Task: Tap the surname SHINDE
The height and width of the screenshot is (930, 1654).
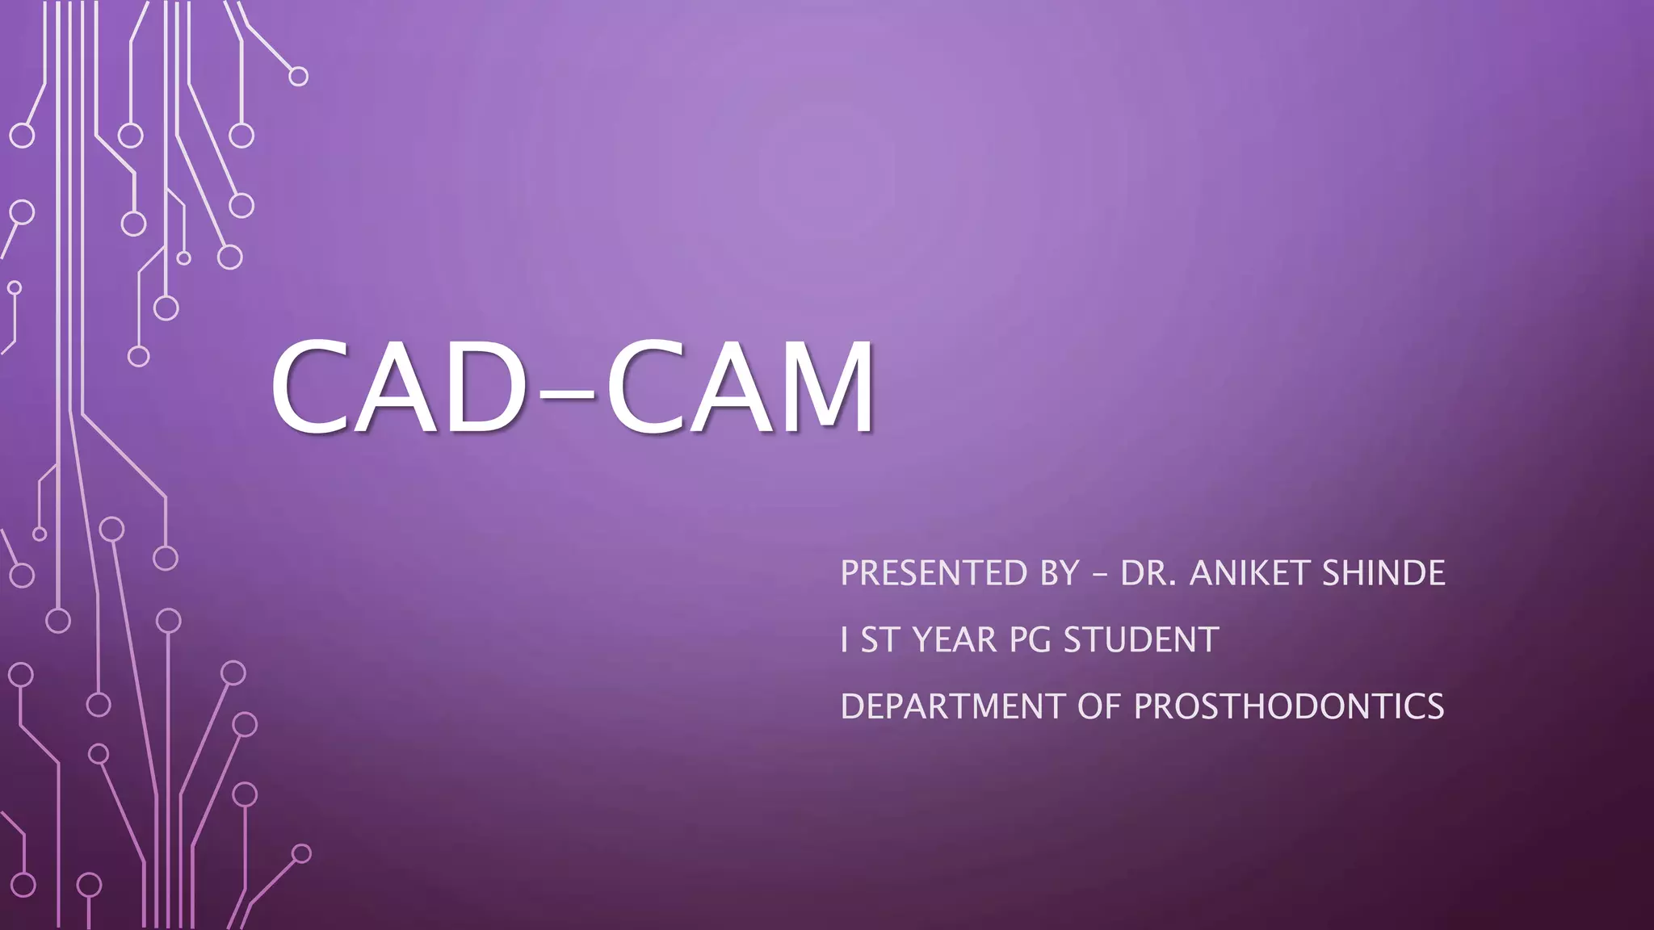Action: tap(1383, 573)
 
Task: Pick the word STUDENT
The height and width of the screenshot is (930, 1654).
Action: tap(1140, 640)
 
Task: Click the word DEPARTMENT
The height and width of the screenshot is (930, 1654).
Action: tap(953, 706)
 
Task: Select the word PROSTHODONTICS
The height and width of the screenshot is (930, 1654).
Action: tap(1289, 706)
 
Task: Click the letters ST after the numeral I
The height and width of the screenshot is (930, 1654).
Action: tap(879, 640)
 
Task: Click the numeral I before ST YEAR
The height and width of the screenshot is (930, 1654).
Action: tap(844, 640)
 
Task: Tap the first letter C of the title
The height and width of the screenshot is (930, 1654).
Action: tap(311, 387)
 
